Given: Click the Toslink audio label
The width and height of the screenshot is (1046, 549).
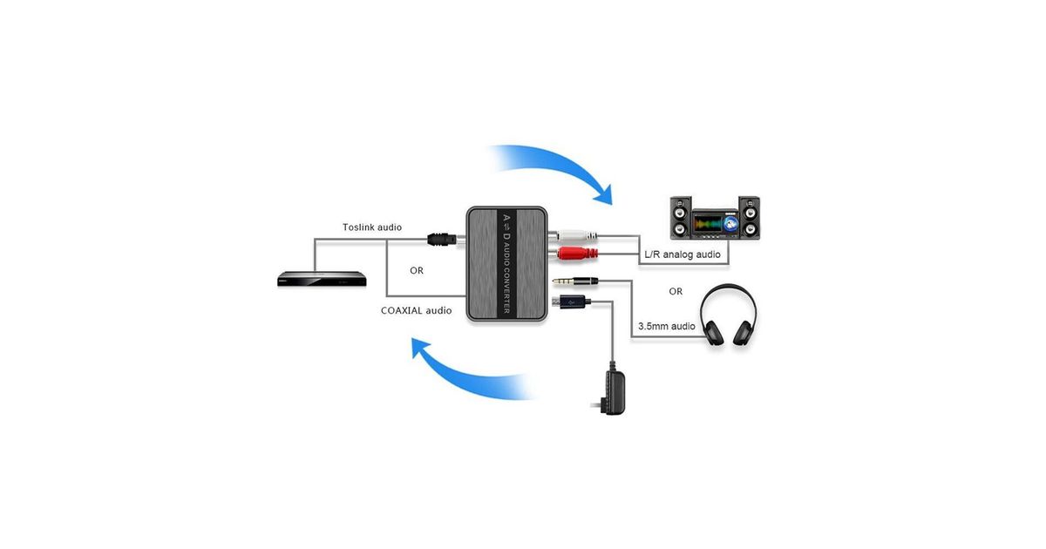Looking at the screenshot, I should tap(371, 227).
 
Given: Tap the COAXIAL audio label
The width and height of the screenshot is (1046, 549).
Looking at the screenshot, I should tap(416, 309).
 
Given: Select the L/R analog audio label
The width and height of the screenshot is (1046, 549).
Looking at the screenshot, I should tap(683, 254).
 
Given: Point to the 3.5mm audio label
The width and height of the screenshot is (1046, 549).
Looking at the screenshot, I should tap(667, 326).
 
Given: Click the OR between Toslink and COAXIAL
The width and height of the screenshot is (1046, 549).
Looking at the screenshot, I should tap(417, 270).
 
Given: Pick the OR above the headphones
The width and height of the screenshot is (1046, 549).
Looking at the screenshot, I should tap(676, 291).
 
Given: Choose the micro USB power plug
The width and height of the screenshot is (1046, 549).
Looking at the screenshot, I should tap(571, 302).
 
